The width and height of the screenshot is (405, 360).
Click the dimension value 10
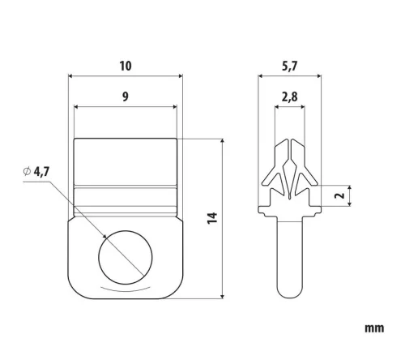tap(126, 66)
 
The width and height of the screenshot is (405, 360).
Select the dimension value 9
tap(126, 96)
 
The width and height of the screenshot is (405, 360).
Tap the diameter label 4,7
tap(41, 171)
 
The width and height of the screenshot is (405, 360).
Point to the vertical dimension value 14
tap(212, 218)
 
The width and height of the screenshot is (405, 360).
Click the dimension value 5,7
tap(289, 66)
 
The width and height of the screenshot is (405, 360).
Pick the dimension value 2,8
tap(290, 97)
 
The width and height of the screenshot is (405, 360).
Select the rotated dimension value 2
tap(340, 195)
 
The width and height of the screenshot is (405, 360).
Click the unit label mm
tap(374, 328)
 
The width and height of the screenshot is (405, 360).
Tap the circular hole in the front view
tap(126, 257)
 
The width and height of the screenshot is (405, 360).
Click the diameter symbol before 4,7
tap(27, 171)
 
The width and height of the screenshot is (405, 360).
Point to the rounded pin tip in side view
tap(290, 291)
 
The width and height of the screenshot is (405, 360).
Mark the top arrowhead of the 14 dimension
tap(222, 142)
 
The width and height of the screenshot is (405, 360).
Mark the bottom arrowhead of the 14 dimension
tap(222, 295)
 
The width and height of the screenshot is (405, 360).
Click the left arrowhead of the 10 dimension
tap(71, 76)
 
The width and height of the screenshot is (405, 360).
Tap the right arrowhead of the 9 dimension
tap(173, 107)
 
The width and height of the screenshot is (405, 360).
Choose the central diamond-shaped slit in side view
tap(289, 178)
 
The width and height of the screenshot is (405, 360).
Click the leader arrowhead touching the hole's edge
tap(104, 236)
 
